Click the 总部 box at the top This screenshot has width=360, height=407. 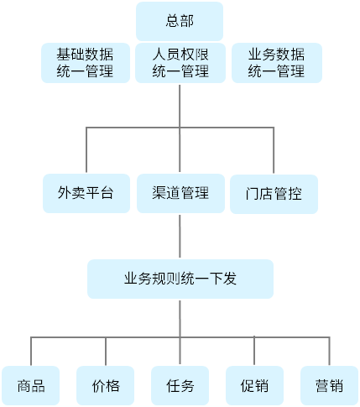tap(180, 21)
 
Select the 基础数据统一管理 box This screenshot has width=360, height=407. tap(86, 63)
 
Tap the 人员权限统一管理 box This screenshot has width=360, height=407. tap(180, 63)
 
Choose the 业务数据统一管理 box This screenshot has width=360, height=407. tap(277, 63)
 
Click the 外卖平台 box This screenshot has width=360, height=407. tap(86, 193)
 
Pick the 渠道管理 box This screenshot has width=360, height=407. tap(180, 193)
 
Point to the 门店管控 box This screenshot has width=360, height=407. tap(274, 194)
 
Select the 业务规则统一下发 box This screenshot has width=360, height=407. tap(180, 279)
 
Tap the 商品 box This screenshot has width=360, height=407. tap(31, 386)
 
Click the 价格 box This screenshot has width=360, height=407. tap(106, 386)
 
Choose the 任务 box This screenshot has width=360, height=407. tap(180, 386)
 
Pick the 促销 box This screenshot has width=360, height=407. tap(254, 386)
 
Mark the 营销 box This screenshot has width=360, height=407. tap(329, 386)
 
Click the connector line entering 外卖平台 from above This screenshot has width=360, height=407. tap(86, 150)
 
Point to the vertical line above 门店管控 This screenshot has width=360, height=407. tap(274, 150)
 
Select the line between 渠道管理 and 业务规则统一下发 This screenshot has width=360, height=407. tap(180, 236)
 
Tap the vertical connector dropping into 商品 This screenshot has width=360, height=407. tap(31, 351)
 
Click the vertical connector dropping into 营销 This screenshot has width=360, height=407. tap(330, 351)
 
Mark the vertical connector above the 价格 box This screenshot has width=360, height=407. tap(106, 351)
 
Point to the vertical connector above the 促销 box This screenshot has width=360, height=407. tap(254, 351)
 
